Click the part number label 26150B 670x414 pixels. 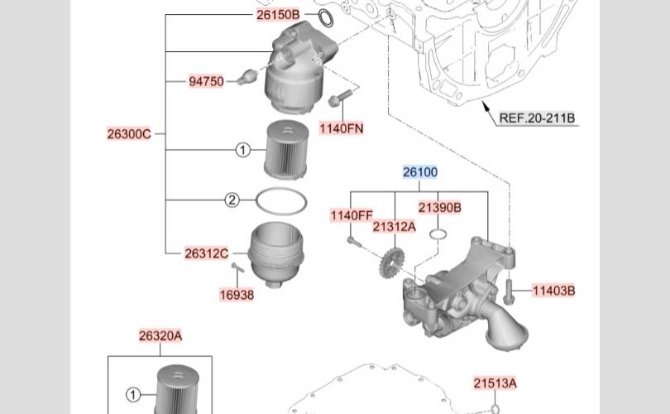click(x=278, y=15)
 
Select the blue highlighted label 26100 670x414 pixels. click(x=420, y=172)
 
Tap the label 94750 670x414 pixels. click(x=207, y=81)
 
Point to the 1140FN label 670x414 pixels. click(x=342, y=128)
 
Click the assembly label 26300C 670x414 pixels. click(x=129, y=134)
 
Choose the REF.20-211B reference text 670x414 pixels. click(x=537, y=118)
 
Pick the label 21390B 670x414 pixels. click(x=440, y=208)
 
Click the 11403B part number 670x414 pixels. click(x=553, y=291)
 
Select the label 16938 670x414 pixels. click(x=237, y=295)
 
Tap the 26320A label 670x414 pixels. click(x=160, y=335)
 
